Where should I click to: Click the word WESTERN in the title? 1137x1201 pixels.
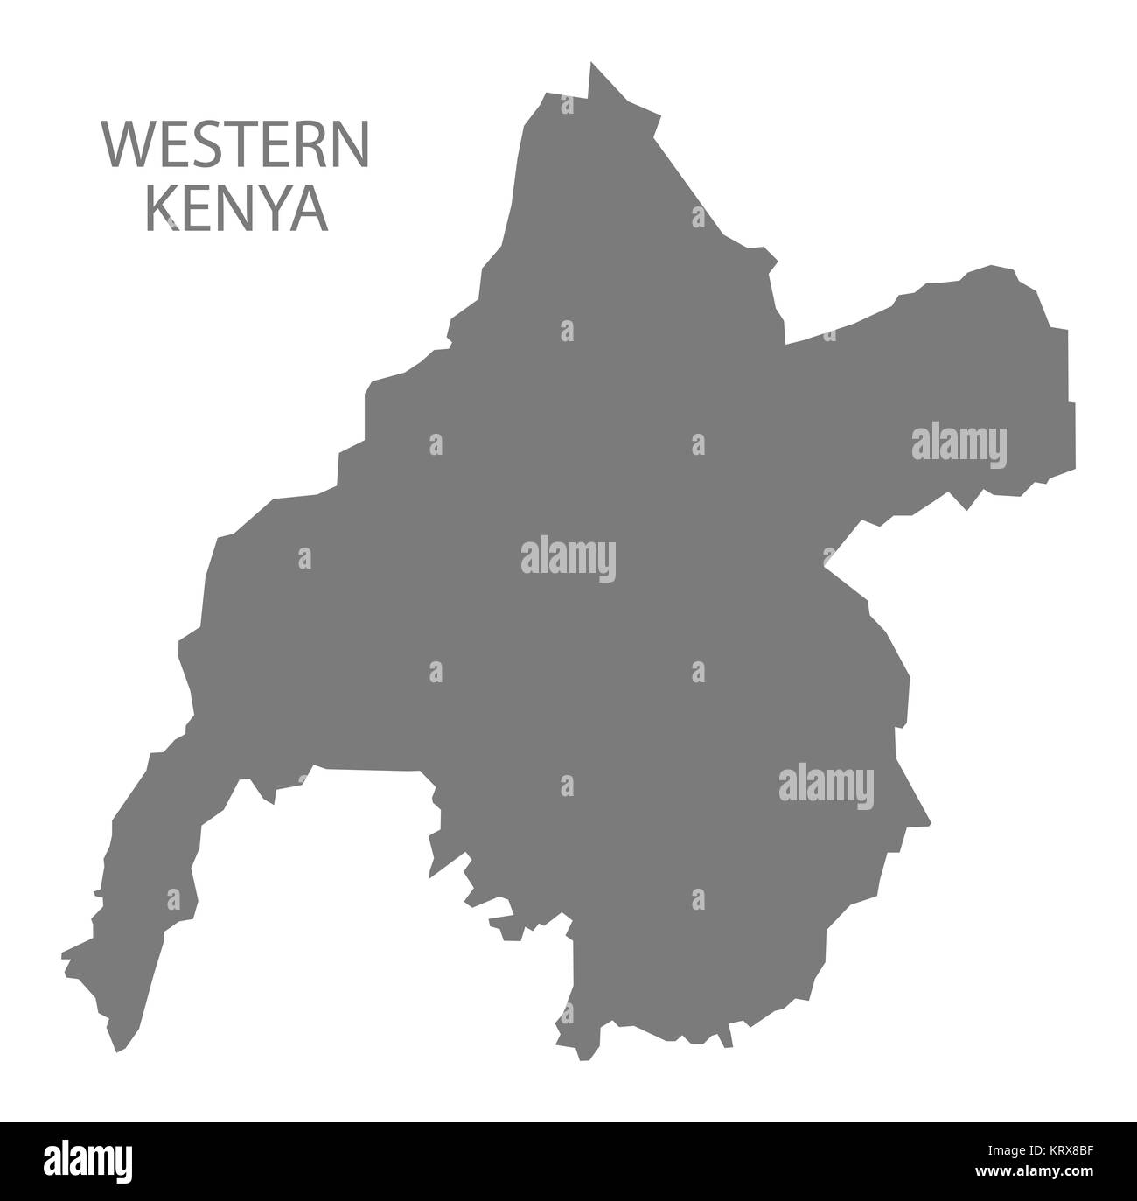click(237, 146)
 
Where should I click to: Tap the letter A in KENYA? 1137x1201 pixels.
click(311, 210)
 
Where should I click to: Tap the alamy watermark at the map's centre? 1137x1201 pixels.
click(568, 557)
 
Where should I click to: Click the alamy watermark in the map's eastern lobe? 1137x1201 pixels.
click(959, 443)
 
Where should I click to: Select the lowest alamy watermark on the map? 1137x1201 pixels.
click(827, 785)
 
